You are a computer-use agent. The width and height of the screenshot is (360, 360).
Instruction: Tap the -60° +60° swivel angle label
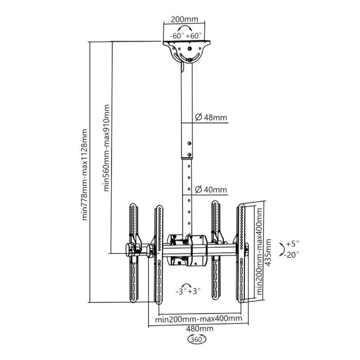coord(187,36)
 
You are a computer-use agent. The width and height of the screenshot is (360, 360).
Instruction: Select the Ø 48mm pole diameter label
coord(211,118)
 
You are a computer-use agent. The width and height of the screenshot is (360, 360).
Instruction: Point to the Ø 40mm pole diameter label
coord(211,190)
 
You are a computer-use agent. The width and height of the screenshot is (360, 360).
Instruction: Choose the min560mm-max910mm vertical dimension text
coord(106,148)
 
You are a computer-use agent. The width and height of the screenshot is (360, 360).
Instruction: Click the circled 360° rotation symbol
coord(198,340)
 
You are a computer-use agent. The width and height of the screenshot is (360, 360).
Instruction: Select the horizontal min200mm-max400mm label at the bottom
coord(199,319)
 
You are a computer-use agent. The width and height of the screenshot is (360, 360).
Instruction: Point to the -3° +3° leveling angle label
coord(188,291)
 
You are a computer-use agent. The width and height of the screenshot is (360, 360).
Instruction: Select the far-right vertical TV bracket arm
coord(241,252)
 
